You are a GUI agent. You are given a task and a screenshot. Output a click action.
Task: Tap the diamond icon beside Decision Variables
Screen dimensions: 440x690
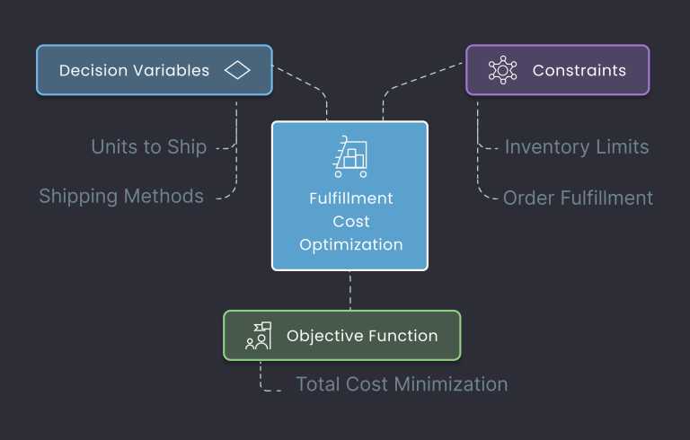tap(237, 70)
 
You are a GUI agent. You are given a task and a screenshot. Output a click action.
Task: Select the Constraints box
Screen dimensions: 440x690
tap(557, 70)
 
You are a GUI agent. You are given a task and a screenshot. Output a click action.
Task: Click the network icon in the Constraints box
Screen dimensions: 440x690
tap(502, 70)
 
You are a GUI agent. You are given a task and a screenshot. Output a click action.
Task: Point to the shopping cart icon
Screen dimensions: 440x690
tap(349, 157)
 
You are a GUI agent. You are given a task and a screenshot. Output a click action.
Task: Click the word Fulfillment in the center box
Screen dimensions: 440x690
tap(350, 198)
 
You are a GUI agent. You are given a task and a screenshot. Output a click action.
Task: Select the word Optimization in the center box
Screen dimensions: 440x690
tap(350, 244)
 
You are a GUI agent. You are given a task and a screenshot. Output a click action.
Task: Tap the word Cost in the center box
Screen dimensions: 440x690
tap(350, 221)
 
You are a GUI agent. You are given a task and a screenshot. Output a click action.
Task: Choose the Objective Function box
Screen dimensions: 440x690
tap(341, 336)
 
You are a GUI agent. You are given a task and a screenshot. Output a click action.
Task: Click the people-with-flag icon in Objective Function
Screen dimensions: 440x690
tap(258, 336)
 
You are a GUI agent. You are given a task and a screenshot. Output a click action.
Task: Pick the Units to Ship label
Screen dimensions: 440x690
tap(148, 146)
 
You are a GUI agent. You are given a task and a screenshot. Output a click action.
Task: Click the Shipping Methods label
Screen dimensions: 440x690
tap(121, 196)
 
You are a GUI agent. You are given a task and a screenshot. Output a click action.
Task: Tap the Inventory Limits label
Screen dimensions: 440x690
tap(576, 146)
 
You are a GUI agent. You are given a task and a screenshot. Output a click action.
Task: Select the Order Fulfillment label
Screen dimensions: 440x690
tap(578, 198)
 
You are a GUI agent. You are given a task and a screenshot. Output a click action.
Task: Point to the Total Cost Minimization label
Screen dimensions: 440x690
tap(402, 384)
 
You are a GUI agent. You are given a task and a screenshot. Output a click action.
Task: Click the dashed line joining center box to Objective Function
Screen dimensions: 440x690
tap(350, 290)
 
